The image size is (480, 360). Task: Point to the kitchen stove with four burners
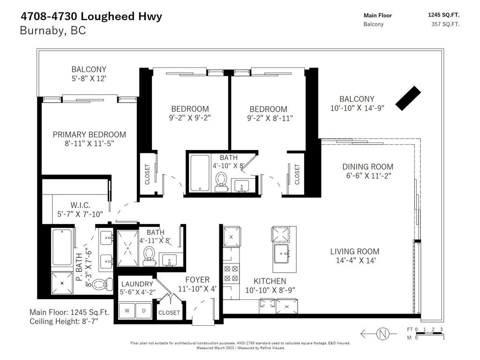click(231, 274)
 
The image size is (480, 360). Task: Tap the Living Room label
click(354, 251)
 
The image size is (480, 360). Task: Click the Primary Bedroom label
click(89, 135)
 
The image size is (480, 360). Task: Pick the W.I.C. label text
click(80, 205)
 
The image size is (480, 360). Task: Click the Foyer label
click(197, 280)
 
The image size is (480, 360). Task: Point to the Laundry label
click(137, 284)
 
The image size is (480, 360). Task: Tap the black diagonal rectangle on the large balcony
click(407, 98)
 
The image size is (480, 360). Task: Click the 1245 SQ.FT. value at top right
click(443, 15)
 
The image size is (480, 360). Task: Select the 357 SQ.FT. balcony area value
click(445, 24)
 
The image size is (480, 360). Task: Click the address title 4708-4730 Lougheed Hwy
click(91, 16)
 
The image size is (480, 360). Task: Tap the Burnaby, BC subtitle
click(53, 31)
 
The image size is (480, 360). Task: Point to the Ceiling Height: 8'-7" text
click(64, 321)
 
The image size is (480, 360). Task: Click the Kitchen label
click(270, 281)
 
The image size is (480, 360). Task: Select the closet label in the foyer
click(169, 313)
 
